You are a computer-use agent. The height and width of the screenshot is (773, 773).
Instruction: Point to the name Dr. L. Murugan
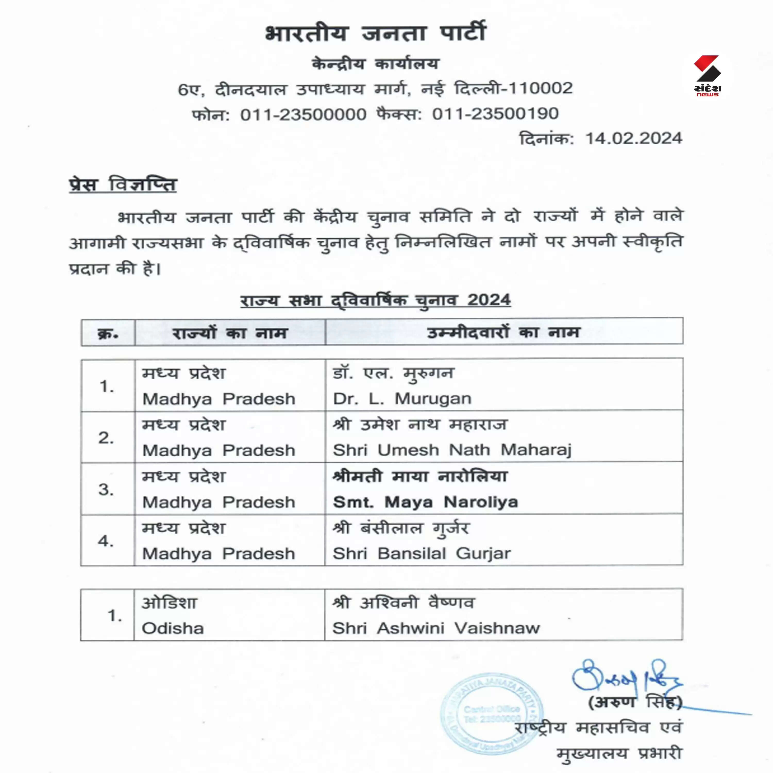point(402,399)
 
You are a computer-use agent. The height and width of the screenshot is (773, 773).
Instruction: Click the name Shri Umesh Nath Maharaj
point(452,450)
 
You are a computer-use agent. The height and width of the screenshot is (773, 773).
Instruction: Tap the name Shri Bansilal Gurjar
point(422,554)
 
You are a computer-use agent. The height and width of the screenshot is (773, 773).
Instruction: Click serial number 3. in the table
point(106,489)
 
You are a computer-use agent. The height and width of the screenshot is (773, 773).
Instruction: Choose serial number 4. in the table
point(106,541)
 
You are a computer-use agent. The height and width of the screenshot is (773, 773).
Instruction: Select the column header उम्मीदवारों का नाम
point(503,332)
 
